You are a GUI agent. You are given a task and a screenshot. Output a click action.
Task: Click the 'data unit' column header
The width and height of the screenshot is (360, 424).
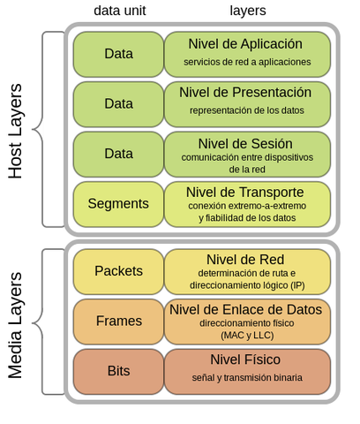coord(119,10)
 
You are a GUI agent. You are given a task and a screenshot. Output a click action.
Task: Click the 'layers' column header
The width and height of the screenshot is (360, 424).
coord(247,10)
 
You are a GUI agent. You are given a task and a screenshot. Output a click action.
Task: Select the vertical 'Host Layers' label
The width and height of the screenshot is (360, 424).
coord(16,131)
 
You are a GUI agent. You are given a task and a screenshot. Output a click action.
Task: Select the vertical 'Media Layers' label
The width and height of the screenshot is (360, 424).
coord(16,325)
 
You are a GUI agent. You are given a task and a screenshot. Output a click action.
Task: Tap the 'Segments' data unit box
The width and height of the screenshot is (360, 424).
coord(118,203)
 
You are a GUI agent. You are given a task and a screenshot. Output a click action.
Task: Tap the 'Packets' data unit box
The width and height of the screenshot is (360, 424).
coord(118,271)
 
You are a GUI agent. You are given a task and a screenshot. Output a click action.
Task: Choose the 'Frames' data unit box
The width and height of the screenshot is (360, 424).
coord(118,321)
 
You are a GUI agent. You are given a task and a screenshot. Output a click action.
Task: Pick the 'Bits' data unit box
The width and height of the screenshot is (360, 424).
coord(118,370)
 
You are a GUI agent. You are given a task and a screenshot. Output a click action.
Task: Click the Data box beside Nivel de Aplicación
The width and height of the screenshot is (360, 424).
coord(118,54)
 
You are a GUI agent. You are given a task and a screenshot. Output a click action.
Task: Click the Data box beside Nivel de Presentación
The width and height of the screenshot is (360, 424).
coord(118,103)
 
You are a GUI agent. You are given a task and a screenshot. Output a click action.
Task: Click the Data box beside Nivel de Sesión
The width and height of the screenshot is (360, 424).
coord(118,153)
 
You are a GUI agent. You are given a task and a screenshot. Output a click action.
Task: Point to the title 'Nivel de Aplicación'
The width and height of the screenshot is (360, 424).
coord(245,44)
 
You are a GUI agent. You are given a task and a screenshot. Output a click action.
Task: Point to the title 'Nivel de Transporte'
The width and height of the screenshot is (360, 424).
coord(245,192)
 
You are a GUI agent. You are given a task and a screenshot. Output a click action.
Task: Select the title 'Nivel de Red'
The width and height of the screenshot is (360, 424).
coord(245,259)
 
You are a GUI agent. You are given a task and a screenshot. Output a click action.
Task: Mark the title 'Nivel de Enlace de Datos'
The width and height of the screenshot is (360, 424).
coord(245,309)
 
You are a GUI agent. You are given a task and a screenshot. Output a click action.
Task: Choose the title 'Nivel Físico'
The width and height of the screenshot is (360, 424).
coord(245,360)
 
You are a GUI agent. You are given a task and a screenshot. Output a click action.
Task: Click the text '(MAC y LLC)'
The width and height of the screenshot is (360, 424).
coord(247,336)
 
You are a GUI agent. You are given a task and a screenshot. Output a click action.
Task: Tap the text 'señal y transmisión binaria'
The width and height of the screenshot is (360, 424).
coord(247,377)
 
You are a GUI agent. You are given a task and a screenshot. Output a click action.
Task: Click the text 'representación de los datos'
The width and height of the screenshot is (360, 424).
coord(246,110)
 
